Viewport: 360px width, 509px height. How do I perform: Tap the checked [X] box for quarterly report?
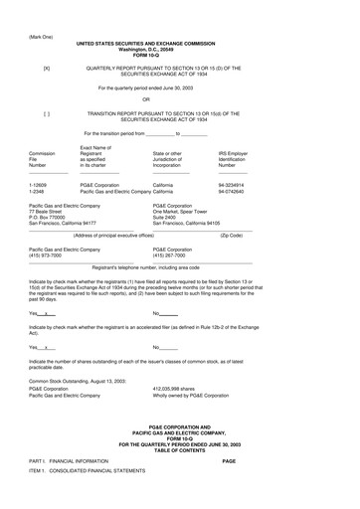pyautogui.click(x=46, y=69)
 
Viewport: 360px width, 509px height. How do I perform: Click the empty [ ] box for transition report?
pyautogui.click(x=46, y=114)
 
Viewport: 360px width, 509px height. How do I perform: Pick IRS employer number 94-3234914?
pyautogui.click(x=232, y=184)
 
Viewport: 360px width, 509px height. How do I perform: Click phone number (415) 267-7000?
pyautogui.click(x=173, y=254)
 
